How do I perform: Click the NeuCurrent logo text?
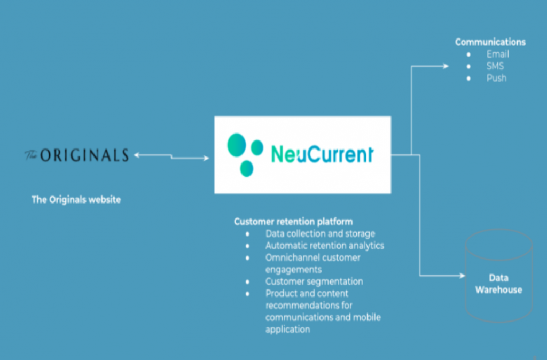click(x=322, y=154)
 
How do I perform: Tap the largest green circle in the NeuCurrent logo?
click(x=236, y=145)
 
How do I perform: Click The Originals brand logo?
click(x=76, y=155)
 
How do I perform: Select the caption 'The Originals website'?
click(x=76, y=200)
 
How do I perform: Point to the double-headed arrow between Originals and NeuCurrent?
click(x=171, y=156)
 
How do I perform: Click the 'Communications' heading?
click(x=490, y=42)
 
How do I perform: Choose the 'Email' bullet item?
click(x=497, y=54)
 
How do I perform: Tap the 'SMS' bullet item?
click(x=495, y=66)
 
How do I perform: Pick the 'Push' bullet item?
click(x=496, y=78)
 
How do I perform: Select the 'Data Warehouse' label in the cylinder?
click(x=498, y=284)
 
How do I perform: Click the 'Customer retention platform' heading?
click(x=293, y=221)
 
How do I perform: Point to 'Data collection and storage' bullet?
click(x=320, y=233)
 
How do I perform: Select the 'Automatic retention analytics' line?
click(x=325, y=246)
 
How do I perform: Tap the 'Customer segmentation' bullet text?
click(x=314, y=281)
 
